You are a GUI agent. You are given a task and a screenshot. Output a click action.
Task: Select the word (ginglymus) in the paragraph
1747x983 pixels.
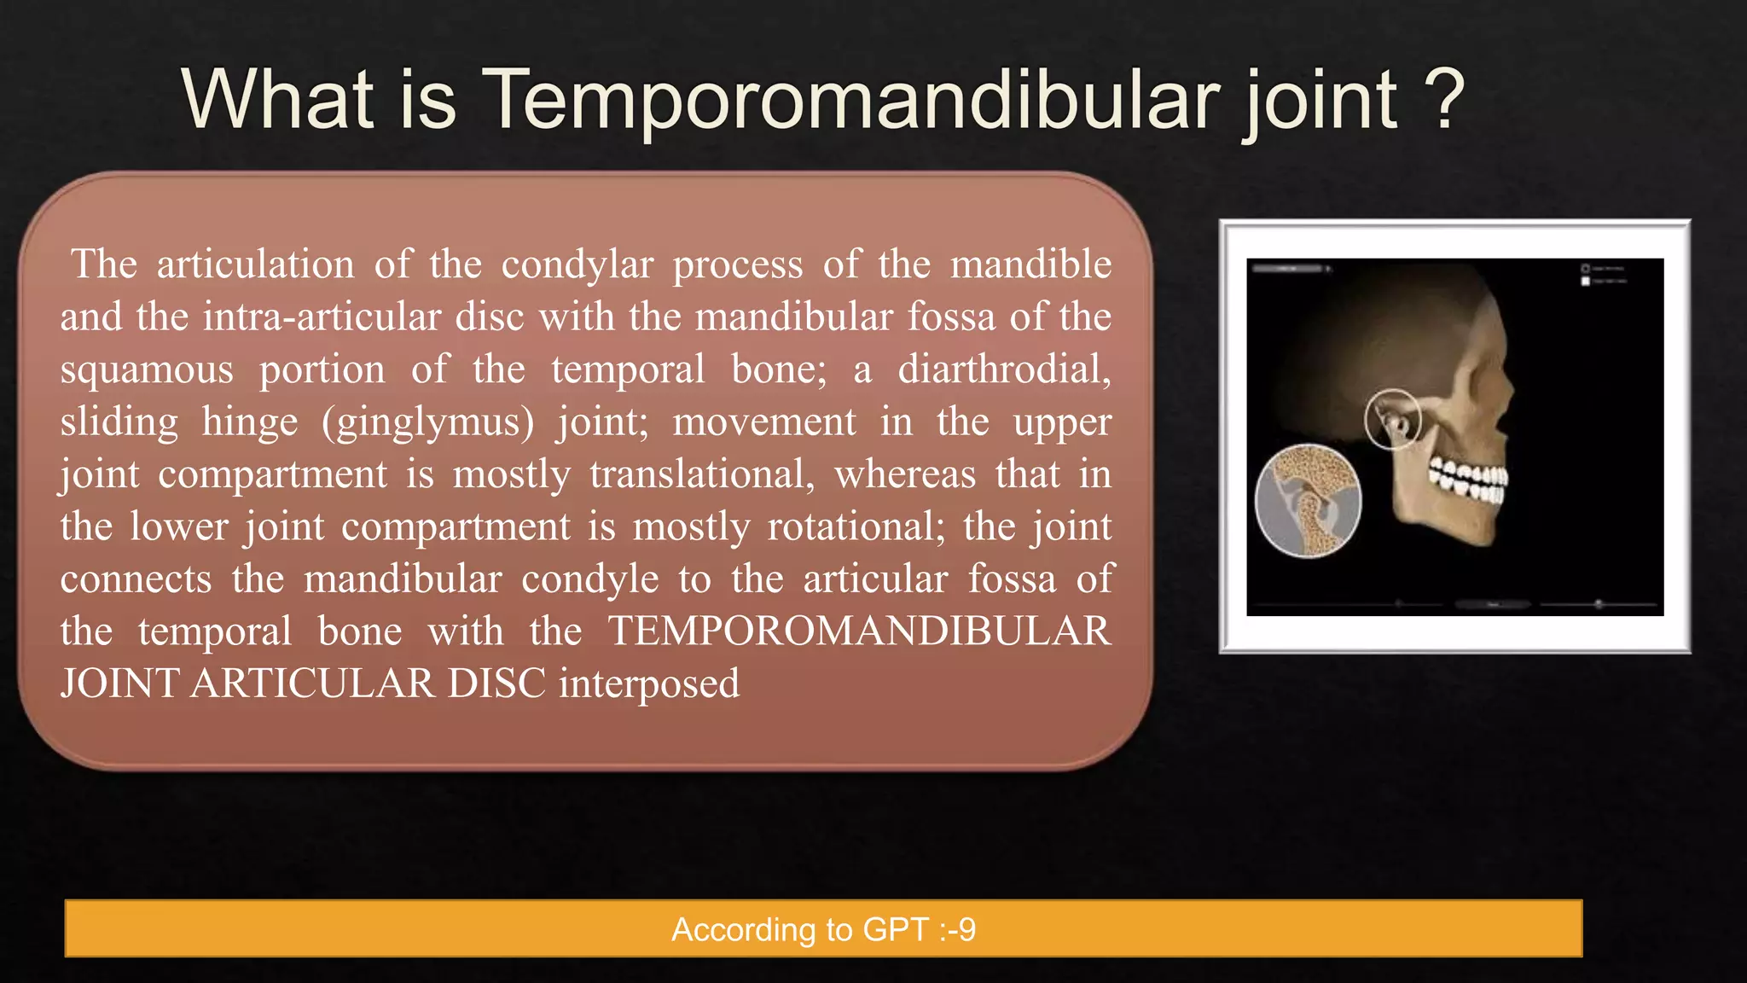point(427,422)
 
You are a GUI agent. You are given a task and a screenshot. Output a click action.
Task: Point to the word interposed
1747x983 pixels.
point(649,684)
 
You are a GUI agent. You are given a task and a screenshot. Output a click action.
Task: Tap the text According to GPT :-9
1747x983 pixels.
point(823,929)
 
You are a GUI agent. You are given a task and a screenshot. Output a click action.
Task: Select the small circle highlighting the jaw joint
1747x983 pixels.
point(1392,419)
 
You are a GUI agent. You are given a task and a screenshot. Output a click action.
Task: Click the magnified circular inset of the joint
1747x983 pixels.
point(1308,501)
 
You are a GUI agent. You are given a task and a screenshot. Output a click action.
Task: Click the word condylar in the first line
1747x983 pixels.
point(577,265)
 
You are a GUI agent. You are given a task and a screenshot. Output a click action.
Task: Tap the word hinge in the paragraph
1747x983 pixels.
point(250,422)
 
